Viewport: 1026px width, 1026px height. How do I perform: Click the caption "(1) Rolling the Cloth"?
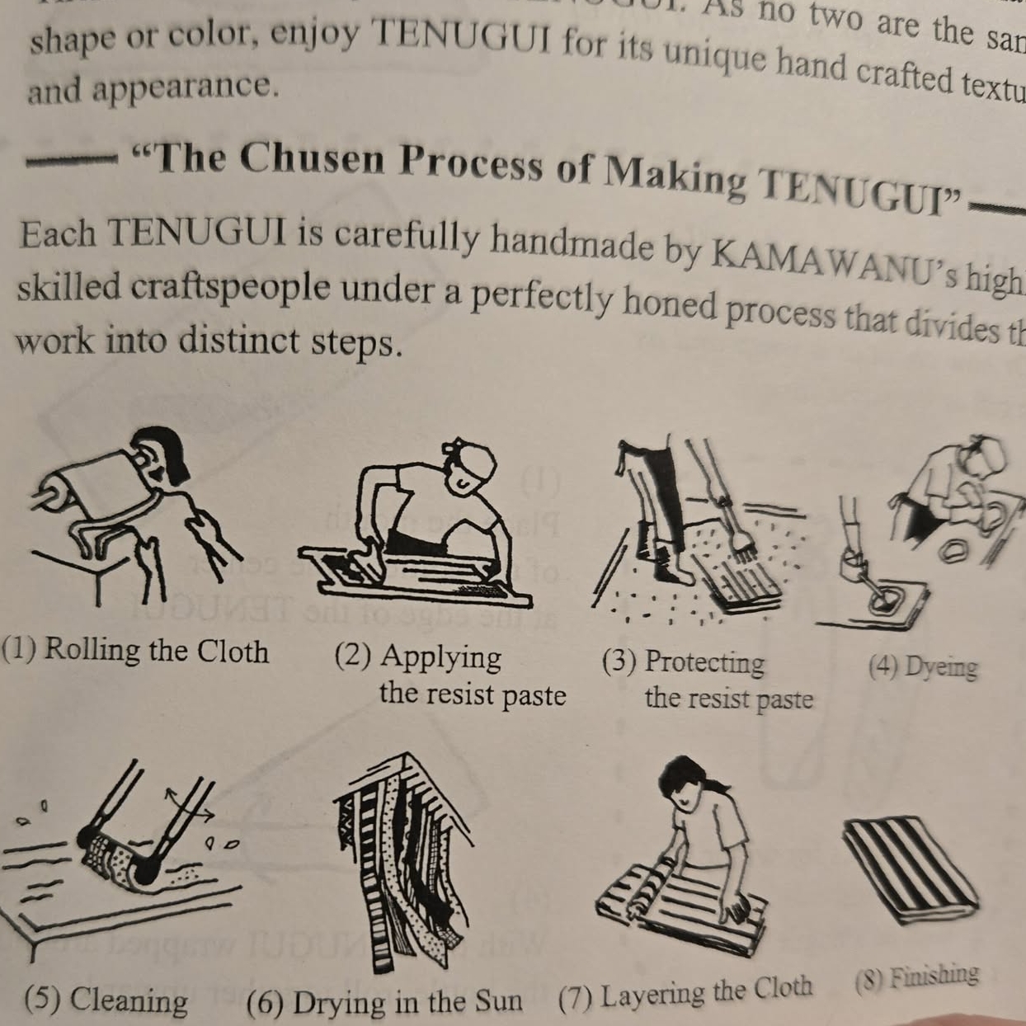tap(136, 651)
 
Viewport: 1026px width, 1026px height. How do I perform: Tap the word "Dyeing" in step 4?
tap(940, 666)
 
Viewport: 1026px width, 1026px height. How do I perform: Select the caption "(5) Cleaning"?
tap(106, 1000)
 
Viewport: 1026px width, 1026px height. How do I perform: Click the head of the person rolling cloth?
tap(161, 459)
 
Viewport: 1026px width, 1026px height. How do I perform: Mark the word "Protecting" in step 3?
tap(704, 662)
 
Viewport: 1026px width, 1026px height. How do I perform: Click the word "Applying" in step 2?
tap(440, 658)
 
